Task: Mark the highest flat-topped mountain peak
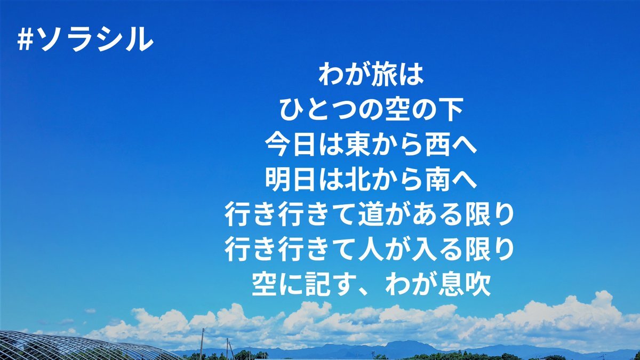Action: pos(406,342)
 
